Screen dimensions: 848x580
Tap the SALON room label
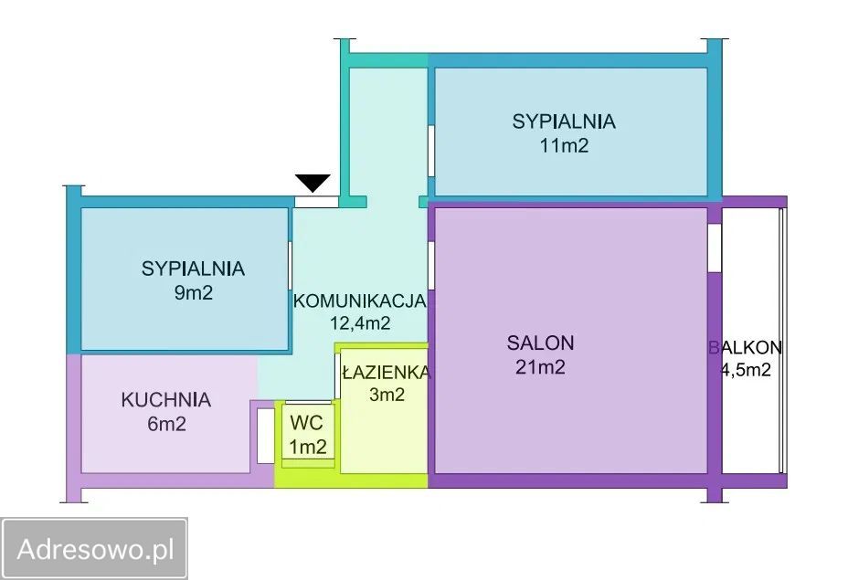(540, 343)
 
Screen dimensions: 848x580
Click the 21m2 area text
(540, 367)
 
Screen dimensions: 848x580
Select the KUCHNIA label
(166, 399)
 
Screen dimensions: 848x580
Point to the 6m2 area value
(166, 424)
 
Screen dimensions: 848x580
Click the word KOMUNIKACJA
(360, 301)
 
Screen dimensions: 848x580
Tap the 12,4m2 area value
(360, 323)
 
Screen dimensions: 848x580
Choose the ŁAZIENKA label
(387, 372)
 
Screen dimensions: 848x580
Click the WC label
(307, 423)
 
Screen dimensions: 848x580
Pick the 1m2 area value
(308, 447)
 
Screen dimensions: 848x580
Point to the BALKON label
(746, 347)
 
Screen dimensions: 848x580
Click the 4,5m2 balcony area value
(747, 370)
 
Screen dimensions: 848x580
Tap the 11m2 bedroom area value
(564, 145)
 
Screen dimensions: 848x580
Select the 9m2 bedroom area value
(193, 292)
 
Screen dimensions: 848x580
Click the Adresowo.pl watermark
(95, 549)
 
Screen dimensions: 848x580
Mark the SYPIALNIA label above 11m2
(564, 121)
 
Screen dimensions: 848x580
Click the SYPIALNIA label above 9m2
(193, 269)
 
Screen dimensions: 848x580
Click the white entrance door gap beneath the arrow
(316, 202)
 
